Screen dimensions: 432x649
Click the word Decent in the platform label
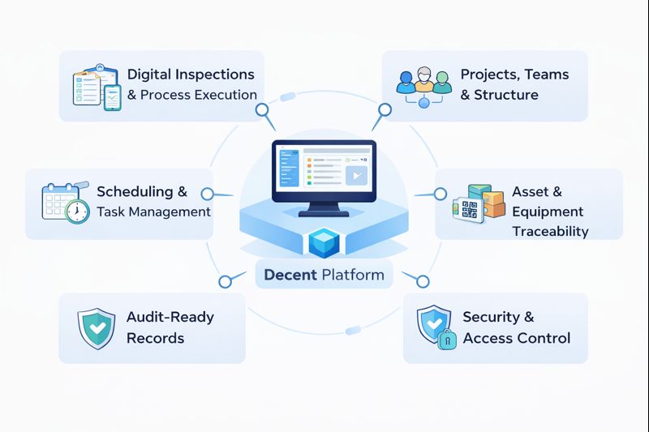click(x=290, y=275)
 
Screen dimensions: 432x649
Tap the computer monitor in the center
click(x=324, y=172)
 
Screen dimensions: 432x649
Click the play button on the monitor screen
click(x=355, y=176)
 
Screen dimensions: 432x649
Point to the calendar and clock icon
click(x=65, y=202)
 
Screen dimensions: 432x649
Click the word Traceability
click(x=550, y=232)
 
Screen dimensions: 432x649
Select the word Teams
click(x=547, y=75)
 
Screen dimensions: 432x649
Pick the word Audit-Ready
click(x=170, y=317)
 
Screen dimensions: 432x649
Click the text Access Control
click(x=517, y=338)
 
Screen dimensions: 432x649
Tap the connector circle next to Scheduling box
click(x=207, y=194)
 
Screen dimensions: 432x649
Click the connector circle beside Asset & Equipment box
click(x=440, y=194)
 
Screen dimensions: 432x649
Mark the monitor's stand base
click(x=324, y=214)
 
